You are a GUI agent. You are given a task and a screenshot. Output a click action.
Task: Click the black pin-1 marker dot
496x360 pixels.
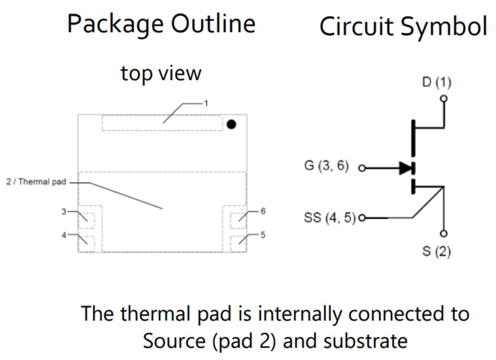coord(231,124)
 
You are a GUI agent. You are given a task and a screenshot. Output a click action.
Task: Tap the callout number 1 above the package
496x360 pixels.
coord(205,103)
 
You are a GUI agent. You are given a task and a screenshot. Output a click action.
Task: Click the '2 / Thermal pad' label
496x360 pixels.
coord(35,182)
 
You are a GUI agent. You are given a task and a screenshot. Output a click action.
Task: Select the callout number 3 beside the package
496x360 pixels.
coord(63,212)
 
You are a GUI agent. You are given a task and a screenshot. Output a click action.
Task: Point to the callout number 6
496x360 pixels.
coord(263,211)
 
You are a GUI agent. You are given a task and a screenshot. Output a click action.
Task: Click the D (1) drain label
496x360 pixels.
coord(436,82)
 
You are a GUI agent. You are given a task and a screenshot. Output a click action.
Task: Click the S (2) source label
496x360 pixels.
coord(436,252)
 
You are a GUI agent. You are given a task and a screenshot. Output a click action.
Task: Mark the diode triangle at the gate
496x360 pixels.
coord(406,168)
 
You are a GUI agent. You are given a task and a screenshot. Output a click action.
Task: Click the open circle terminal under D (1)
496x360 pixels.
coord(444,98)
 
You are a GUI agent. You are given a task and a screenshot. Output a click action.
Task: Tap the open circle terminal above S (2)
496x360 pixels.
coord(444,233)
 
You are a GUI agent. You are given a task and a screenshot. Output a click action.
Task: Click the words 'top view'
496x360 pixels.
coord(161,73)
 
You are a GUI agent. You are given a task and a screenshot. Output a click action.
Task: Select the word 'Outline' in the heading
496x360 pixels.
coord(215,24)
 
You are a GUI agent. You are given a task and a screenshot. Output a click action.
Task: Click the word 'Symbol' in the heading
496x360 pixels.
coord(444,27)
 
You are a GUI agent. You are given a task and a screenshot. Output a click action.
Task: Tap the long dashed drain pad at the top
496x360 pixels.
coord(162,123)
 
